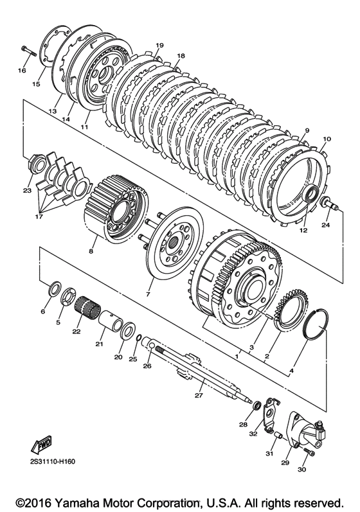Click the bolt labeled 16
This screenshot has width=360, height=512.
[29, 52]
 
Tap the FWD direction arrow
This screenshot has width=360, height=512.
[42, 444]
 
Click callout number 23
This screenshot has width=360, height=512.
[27, 190]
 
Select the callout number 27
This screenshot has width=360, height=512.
[199, 396]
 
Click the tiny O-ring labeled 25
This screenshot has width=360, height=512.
[138, 337]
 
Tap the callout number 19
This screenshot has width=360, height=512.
[159, 45]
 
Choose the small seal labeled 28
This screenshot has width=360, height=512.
[257, 405]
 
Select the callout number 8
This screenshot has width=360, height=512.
[91, 251]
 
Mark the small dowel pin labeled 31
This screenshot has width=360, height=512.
[278, 436]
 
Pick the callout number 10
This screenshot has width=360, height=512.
[327, 139]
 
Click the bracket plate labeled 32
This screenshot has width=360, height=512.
[270, 415]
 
